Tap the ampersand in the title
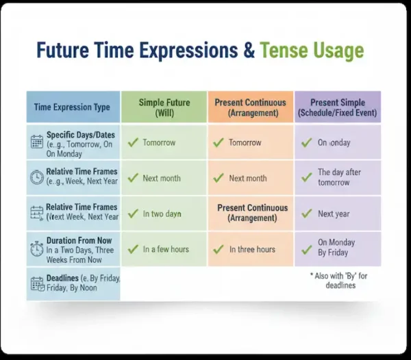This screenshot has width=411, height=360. tap(245, 51)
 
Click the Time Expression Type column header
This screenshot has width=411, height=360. tap(72, 107)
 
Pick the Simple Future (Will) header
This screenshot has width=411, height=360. tap(164, 107)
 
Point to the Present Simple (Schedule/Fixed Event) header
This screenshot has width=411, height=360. tap(338, 107)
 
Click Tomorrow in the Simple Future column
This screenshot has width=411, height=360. tap(159, 142)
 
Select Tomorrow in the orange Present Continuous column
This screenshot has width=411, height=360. tap(245, 142)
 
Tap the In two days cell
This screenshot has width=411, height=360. tap(162, 214)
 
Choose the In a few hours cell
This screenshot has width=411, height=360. tap(165, 249)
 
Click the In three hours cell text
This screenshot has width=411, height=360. tap(251, 249)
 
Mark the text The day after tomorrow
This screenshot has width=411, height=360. tap(339, 177)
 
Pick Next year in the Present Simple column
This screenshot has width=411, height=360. tap(334, 214)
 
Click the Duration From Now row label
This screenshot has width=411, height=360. tap(79, 241)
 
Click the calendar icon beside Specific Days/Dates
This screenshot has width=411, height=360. tap(37, 142)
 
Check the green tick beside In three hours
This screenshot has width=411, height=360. tap(219, 249)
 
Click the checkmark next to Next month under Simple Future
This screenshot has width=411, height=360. tap(132, 178)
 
